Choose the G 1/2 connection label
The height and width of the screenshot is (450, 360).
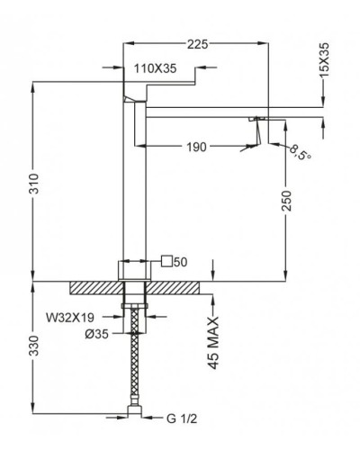pyautogui.click(x=185, y=416)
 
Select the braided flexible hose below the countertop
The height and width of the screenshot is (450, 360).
pyautogui.click(x=135, y=360)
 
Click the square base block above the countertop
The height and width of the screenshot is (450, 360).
pyautogui.click(x=135, y=271)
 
